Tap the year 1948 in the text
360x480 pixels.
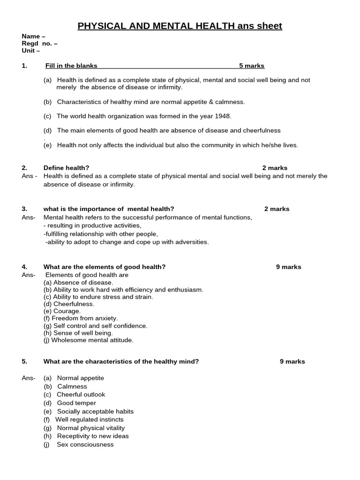coord(223,116)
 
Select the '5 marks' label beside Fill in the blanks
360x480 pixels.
coord(252,66)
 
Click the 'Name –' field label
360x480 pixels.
coord(34,37)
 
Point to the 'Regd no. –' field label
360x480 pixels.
coord(40,44)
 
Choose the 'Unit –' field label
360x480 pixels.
coord(31,51)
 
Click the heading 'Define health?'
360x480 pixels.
coord(66,168)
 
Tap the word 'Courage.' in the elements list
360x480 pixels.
coord(67,311)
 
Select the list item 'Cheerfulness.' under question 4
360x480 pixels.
coord(74,304)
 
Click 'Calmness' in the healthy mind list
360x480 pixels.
coord(72,387)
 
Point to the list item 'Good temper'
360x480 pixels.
coord(76,403)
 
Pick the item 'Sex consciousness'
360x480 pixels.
coord(85,444)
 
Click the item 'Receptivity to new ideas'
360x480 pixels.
coord(93,436)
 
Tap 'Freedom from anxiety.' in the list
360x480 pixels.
coord(85,318)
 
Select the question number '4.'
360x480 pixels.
coord(24,267)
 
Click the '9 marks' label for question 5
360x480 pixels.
coord(292,361)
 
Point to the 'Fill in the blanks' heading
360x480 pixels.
coord(71,66)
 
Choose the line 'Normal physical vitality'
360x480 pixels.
coord(91,428)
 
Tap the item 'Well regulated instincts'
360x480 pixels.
coord(89,420)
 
